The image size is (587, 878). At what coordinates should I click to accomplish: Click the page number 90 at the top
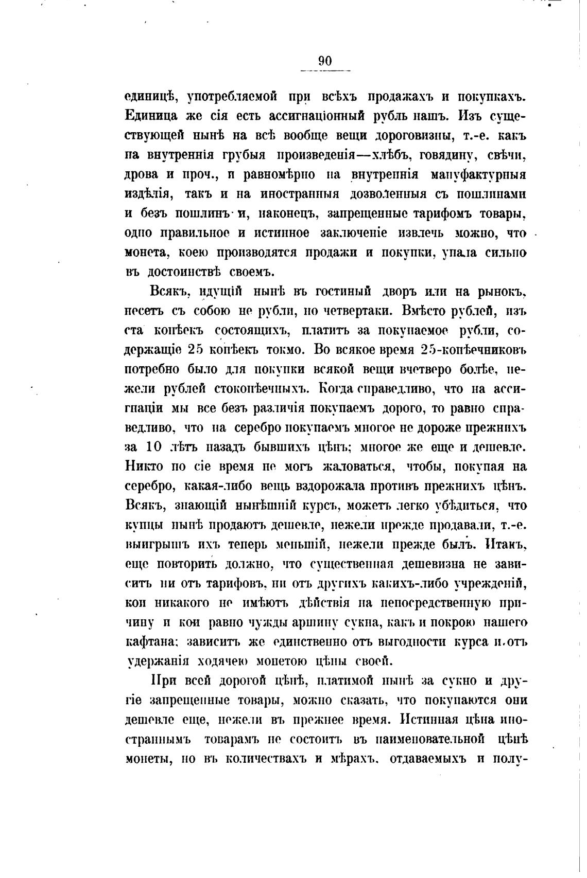click(325, 61)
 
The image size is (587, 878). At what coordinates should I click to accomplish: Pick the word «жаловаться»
click(358, 467)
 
